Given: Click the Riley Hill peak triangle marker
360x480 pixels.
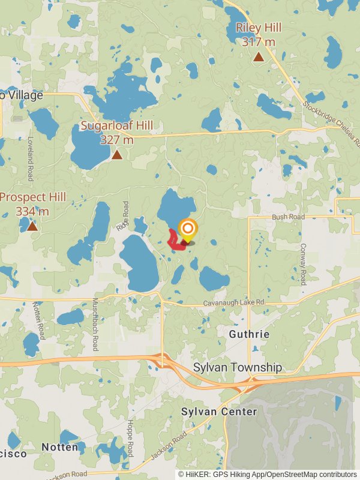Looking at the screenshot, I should click(259, 57).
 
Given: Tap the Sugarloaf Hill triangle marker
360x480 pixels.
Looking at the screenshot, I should click(117, 155).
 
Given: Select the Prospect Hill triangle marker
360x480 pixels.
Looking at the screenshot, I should click(32, 226).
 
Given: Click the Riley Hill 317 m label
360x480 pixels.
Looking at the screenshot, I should click(259, 35).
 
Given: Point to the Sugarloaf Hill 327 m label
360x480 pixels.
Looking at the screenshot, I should click(117, 132).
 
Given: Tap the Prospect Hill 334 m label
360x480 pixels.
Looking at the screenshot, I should click(33, 204).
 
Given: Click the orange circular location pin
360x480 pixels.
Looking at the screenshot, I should click(188, 229).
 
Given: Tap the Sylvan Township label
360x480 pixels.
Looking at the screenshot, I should click(238, 367).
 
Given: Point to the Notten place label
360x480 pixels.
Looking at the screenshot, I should click(60, 447).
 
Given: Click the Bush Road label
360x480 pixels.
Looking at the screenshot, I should click(288, 217).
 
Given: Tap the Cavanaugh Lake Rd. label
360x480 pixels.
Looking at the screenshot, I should click(235, 303).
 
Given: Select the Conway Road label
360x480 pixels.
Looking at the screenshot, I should click(304, 263).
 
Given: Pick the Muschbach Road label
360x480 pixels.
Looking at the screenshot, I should click(95, 325).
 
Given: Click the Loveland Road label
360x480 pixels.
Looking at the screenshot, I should click(29, 158).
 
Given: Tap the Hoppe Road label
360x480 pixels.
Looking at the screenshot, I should click(130, 438).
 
